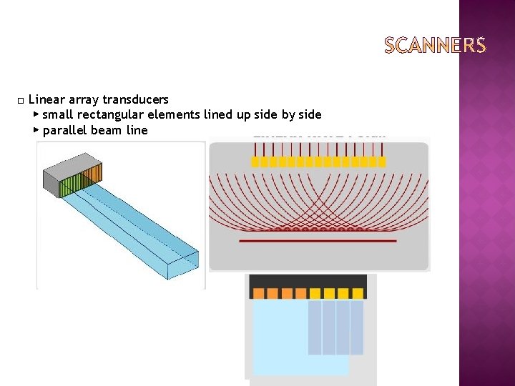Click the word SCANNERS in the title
click(x=435, y=46)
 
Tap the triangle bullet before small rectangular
click(x=36, y=114)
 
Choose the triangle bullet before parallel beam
click(x=36, y=130)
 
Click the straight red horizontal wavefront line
click(x=318, y=241)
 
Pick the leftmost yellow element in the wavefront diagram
click(x=255, y=162)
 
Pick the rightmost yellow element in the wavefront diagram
click(x=381, y=162)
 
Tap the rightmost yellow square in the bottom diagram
click(x=356, y=293)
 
